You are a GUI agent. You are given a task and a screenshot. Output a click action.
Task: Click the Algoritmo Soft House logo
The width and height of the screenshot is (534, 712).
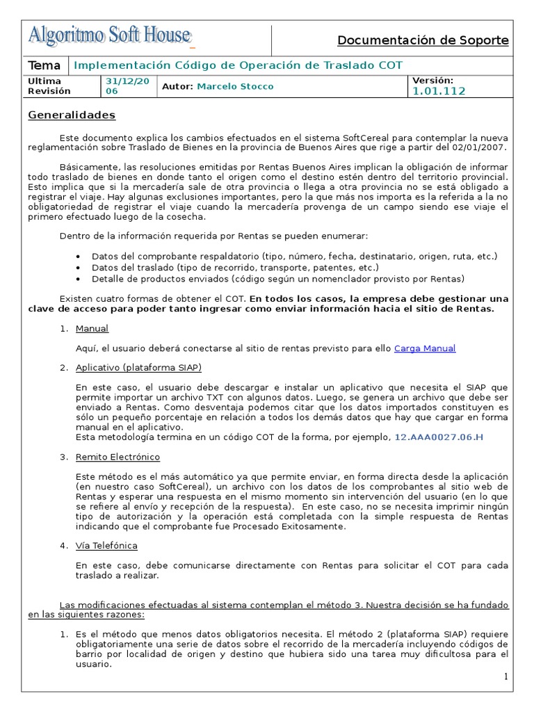click(x=110, y=35)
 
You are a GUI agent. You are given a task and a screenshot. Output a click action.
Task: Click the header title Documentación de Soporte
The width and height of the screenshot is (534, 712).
click(x=423, y=40)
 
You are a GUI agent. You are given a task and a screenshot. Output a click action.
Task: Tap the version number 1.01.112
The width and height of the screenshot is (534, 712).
click(x=439, y=91)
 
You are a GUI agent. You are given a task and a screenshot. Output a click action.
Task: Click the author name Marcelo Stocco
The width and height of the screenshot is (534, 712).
click(x=235, y=86)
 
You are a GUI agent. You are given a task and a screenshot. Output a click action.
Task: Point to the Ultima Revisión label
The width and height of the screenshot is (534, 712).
click(x=49, y=86)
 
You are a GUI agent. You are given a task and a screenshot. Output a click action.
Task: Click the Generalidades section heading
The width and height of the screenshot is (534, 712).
click(x=72, y=115)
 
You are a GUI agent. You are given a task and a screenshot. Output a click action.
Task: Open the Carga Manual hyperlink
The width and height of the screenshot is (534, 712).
click(x=425, y=348)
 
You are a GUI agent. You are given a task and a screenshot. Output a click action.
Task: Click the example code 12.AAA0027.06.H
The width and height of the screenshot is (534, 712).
click(x=439, y=437)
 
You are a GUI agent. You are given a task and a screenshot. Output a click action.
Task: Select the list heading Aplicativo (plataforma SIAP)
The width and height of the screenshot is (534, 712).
click(x=138, y=367)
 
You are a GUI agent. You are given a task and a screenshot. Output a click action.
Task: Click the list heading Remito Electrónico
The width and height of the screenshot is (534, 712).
click(x=118, y=457)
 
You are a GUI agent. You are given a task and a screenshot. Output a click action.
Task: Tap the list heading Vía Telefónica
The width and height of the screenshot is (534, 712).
click(x=106, y=546)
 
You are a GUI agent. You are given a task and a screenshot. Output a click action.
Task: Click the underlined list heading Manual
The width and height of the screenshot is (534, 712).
click(x=92, y=329)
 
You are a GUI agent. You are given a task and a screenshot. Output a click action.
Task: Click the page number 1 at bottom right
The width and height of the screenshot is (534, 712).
click(x=506, y=677)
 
